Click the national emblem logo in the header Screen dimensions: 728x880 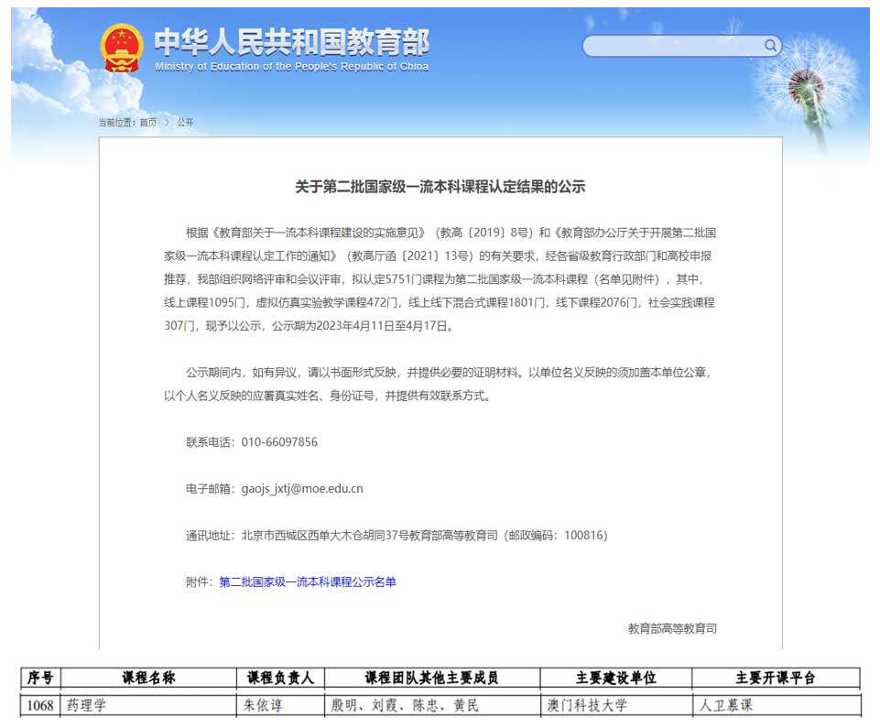point(122,49)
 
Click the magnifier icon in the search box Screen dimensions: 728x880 point(770,45)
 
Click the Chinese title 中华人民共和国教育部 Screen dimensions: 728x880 point(291,41)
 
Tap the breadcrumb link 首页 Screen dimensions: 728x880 point(147,123)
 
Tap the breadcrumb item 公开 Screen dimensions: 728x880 point(185,123)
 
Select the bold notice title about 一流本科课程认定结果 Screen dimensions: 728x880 point(440,187)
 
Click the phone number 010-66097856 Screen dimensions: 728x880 point(279,442)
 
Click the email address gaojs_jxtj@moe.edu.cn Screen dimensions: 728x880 point(302,489)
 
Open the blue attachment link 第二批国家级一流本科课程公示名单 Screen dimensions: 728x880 point(308,582)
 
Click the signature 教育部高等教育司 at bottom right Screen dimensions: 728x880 point(672,629)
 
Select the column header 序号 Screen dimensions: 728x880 point(40,679)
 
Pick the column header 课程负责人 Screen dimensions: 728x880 point(280,679)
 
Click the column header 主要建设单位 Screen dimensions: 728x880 point(615,679)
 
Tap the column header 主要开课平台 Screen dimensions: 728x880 point(775,679)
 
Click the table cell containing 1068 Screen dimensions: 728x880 point(40,706)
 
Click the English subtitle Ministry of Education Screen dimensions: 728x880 point(291,67)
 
